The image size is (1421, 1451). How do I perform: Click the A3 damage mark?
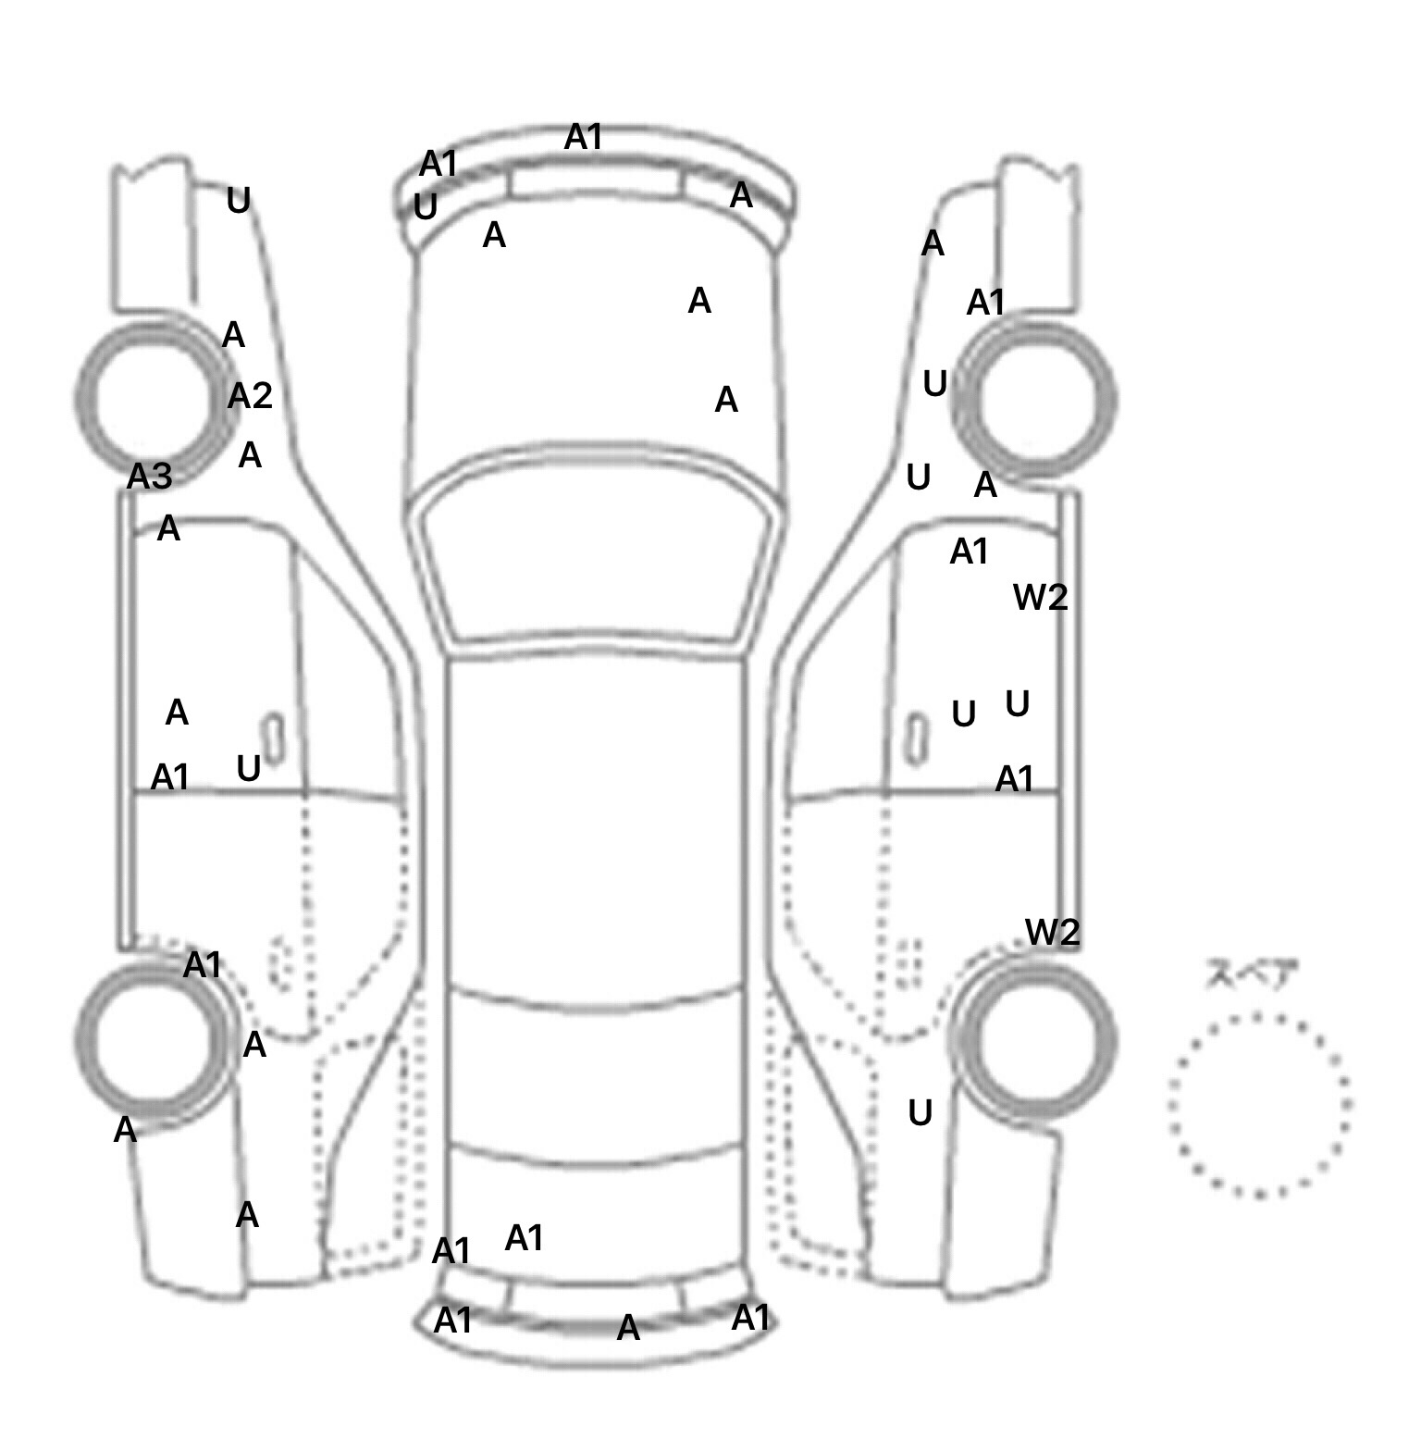pyautogui.click(x=149, y=477)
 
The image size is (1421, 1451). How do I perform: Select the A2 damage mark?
pyautogui.click(x=250, y=396)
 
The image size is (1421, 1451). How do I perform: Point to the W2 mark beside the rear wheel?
pyautogui.click(x=1053, y=932)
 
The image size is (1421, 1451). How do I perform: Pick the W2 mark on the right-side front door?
pyautogui.click(x=1041, y=597)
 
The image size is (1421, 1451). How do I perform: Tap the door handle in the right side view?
pyautogui.click(x=917, y=738)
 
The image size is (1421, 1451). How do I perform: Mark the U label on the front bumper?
pyautogui.click(x=426, y=207)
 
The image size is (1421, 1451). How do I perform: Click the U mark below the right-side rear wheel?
pyautogui.click(x=920, y=1113)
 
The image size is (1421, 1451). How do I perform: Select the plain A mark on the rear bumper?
pyautogui.click(x=628, y=1328)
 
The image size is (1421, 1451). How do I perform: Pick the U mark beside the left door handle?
pyautogui.click(x=248, y=768)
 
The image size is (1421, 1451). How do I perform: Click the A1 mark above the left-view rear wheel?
pyautogui.click(x=203, y=965)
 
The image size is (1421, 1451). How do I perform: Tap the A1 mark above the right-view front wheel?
pyautogui.click(x=985, y=303)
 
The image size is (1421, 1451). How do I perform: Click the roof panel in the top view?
pyautogui.click(x=596, y=824)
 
